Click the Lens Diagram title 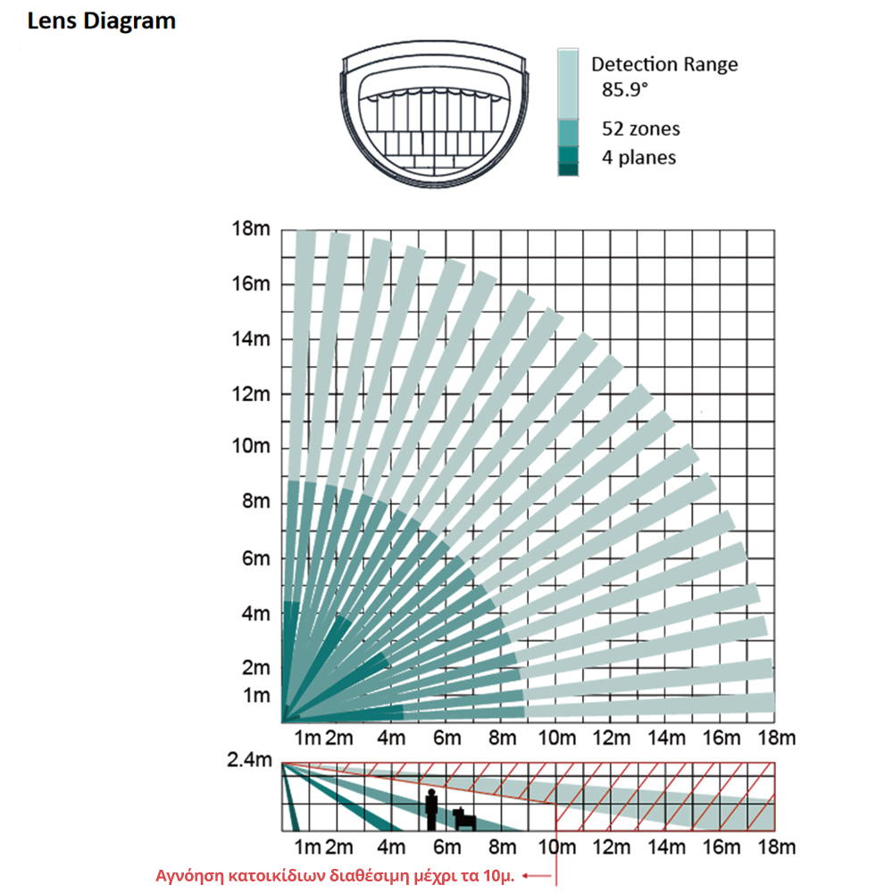click(102, 21)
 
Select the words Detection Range click(664, 64)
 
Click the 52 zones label click(640, 129)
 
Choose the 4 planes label click(638, 158)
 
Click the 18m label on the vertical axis click(250, 230)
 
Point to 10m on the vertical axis click(250, 447)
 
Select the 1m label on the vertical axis click(255, 696)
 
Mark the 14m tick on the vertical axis click(250, 339)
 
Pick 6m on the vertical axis click(255, 558)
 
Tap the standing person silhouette click(432, 809)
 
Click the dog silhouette click(464, 817)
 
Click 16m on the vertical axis click(250, 284)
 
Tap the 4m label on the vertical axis click(255, 613)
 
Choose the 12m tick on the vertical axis click(250, 394)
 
